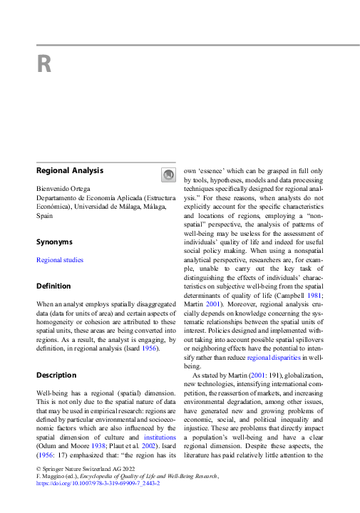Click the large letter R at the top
(44, 65)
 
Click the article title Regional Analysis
(70, 171)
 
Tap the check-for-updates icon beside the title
(168, 175)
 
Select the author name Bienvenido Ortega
(65, 187)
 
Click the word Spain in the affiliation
(45, 214)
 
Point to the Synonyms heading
(54, 242)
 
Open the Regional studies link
(60, 260)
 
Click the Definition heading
(53, 286)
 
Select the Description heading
(57, 375)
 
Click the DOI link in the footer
(98, 482)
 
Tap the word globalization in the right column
(302, 375)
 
